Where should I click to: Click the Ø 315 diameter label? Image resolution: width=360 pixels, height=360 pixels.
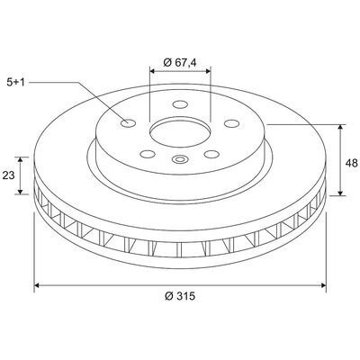180,296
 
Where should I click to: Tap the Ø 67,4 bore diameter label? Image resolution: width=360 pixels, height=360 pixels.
180,62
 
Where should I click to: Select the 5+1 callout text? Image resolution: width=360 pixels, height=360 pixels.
15,82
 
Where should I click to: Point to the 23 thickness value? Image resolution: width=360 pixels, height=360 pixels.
8,175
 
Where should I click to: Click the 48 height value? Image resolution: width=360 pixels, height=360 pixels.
351,163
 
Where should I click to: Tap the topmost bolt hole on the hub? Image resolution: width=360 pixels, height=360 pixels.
180,104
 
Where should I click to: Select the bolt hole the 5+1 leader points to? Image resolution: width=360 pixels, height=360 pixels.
128,123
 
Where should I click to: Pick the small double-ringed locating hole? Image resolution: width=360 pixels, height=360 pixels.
180,159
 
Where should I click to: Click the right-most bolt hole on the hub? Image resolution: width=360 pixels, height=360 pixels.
232,123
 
